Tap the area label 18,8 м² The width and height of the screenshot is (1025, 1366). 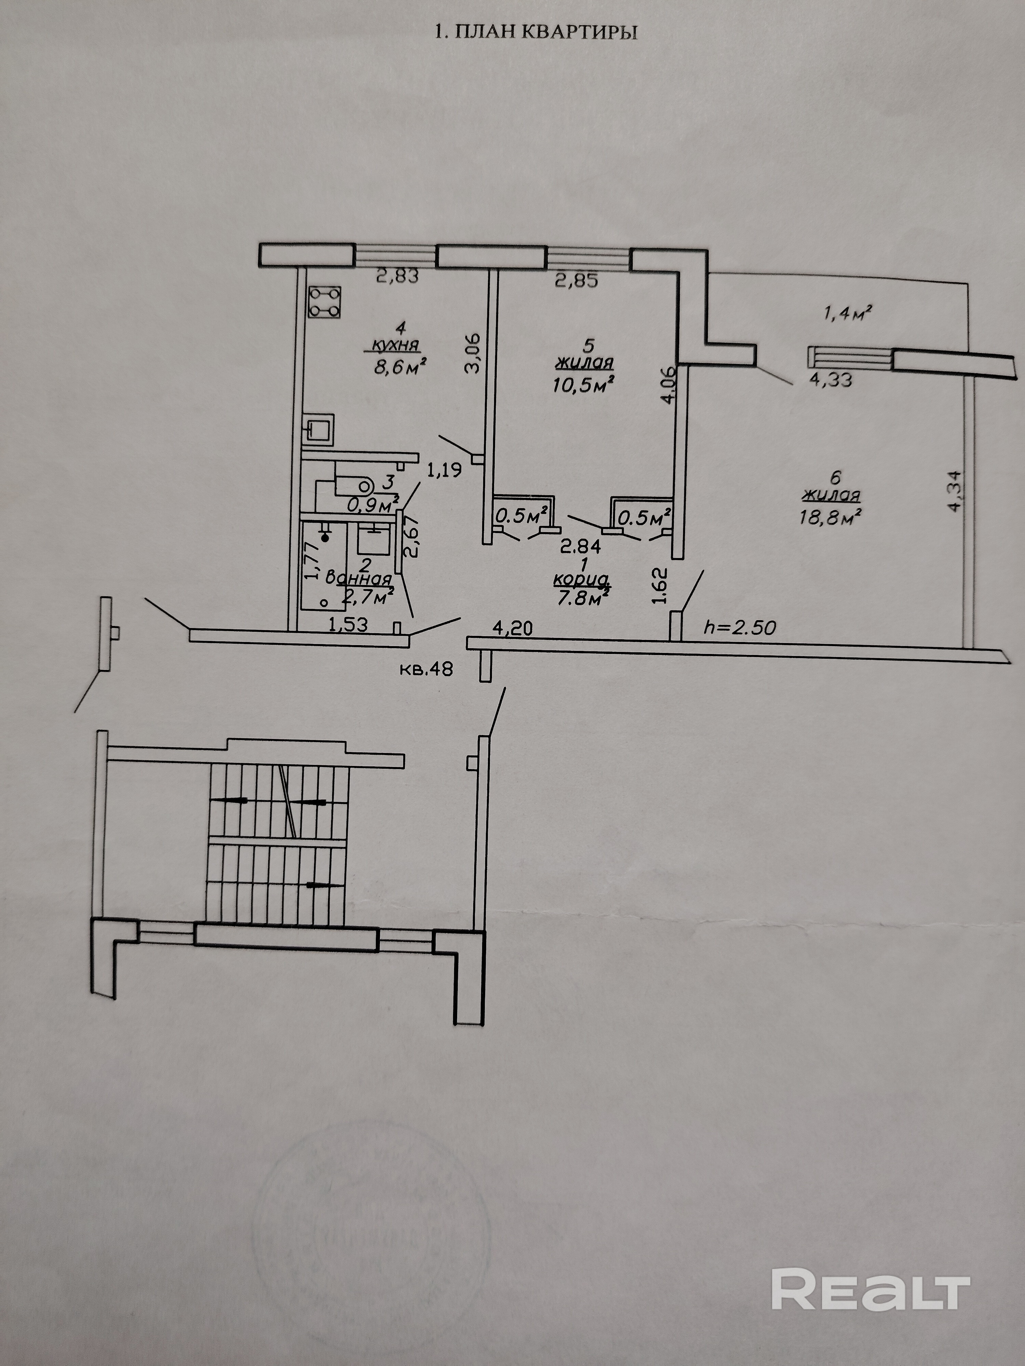click(x=831, y=516)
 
